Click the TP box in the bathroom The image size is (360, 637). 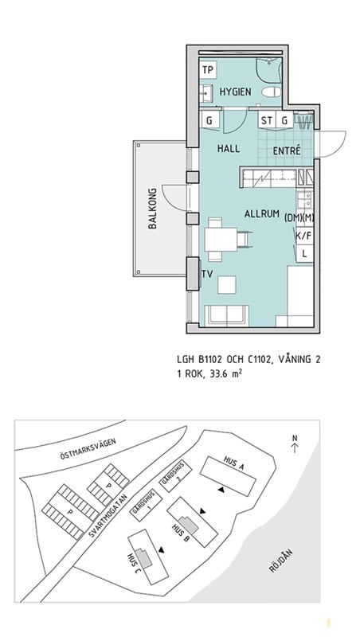pyautogui.click(x=208, y=70)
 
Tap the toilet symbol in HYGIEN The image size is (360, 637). pyautogui.click(x=271, y=92)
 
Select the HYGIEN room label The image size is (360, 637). pyautogui.click(x=235, y=92)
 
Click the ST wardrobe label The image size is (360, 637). pyautogui.click(x=267, y=120)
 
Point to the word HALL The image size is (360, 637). pyautogui.click(x=229, y=149)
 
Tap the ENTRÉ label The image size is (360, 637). pyautogui.click(x=287, y=150)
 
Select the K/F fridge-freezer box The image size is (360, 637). pyautogui.click(x=304, y=236)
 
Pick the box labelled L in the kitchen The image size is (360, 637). pyautogui.click(x=305, y=253)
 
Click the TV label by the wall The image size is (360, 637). pyautogui.click(x=207, y=274)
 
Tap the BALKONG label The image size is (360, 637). pyautogui.click(x=153, y=209)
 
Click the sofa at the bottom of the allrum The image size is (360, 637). pyautogui.click(x=227, y=315)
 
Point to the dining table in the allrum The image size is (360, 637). pyautogui.click(x=221, y=240)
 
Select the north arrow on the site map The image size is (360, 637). pyautogui.click(x=295, y=444)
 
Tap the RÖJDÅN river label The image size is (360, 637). pyautogui.click(x=281, y=561)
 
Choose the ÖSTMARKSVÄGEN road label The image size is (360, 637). pyautogui.click(x=88, y=449)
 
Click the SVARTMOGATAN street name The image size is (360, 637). pyautogui.click(x=108, y=514)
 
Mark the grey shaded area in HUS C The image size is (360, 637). pyautogui.click(x=144, y=558)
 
